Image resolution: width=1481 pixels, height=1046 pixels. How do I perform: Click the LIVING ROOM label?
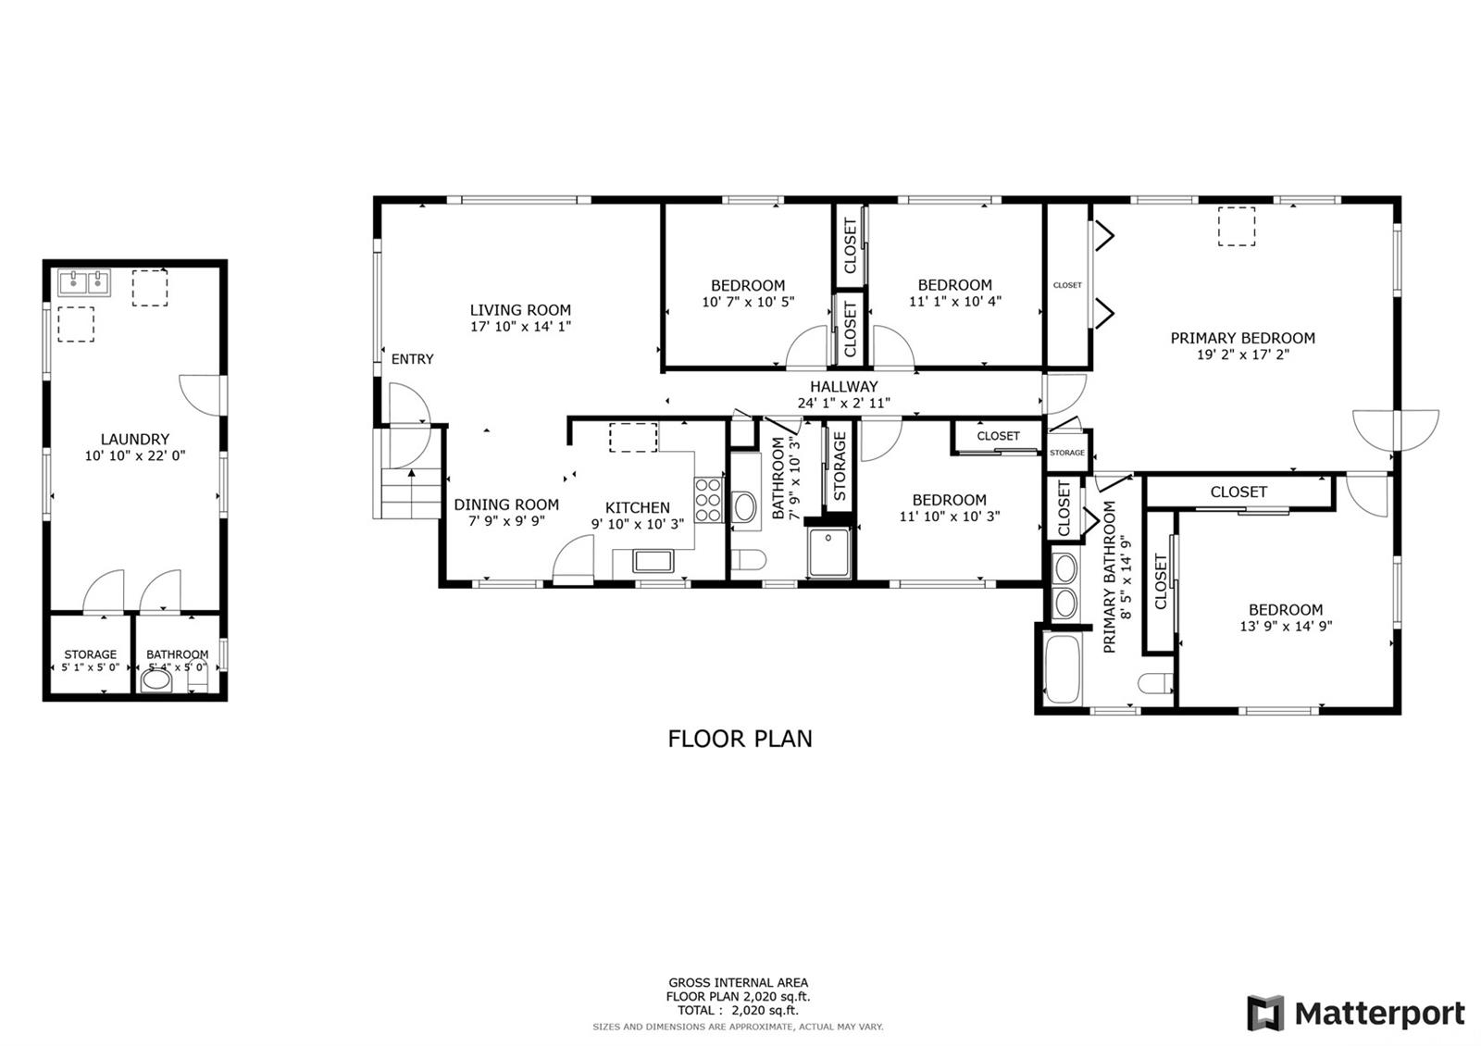tap(520, 309)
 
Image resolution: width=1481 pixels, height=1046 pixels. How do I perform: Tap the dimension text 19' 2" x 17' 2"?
tap(1243, 355)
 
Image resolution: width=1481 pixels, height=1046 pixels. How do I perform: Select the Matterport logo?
tap(1356, 1013)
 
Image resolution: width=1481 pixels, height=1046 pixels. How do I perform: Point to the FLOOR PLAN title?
tap(740, 739)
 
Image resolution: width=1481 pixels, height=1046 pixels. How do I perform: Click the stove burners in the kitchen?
tap(708, 501)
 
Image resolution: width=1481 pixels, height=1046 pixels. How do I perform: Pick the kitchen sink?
tap(653, 561)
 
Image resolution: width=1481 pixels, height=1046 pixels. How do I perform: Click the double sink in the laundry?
tap(84, 283)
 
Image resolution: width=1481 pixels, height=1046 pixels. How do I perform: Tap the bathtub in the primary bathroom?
tap(1062, 669)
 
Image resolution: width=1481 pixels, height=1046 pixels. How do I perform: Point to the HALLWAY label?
tap(843, 386)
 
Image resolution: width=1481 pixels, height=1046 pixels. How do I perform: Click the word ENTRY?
tap(413, 359)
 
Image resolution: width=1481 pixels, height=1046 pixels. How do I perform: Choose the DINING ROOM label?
tap(506, 504)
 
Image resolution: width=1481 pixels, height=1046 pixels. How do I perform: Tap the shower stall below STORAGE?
tap(828, 553)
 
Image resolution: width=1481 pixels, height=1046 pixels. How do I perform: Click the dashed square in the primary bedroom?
tap(1237, 227)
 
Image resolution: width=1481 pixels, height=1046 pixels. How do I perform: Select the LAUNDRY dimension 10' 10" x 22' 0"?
tap(135, 455)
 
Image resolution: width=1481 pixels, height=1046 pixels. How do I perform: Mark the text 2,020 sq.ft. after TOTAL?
tap(765, 1010)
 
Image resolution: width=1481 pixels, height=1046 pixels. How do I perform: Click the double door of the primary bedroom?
tap(1396, 430)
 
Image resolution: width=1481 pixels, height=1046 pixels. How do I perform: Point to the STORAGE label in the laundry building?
tap(91, 654)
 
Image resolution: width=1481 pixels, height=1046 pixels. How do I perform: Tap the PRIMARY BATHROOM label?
tap(1110, 578)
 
